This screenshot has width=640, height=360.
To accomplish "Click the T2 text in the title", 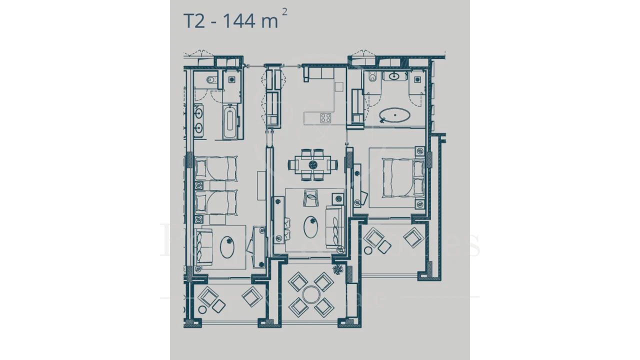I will (x=194, y=21).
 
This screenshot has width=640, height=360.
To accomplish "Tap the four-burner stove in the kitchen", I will (x=325, y=118).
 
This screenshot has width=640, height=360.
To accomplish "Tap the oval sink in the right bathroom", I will (x=395, y=76).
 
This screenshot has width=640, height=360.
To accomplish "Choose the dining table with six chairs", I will (x=313, y=164).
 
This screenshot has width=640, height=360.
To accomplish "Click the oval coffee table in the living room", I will (x=311, y=227).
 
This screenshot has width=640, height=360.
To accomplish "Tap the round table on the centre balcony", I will (x=311, y=295).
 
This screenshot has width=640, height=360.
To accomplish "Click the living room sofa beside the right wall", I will (x=333, y=226).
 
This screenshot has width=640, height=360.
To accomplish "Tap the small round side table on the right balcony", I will (x=368, y=250).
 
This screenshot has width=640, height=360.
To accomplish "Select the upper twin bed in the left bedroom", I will (x=215, y=168).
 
